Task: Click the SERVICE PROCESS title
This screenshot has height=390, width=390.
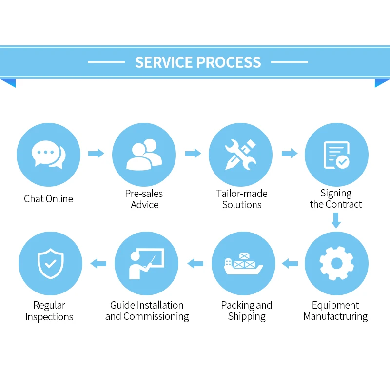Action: pos(198,62)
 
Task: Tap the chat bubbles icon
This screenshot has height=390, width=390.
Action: pos(48,155)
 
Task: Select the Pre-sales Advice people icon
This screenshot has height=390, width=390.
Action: pos(144,155)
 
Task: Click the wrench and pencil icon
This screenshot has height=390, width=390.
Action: pos(240,155)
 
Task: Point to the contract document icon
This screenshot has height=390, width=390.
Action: pos(336,155)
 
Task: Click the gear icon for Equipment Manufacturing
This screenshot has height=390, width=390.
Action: pos(336,264)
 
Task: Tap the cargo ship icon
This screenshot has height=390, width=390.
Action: pos(243,264)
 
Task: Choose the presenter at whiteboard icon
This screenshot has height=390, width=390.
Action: pos(146,264)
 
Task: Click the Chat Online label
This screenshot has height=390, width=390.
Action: pos(48,199)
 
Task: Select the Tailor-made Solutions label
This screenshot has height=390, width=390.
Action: pos(242,199)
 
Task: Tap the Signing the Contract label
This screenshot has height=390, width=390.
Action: pos(336,199)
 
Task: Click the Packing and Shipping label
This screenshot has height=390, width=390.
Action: pos(246,311)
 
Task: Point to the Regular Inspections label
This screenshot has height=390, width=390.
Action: pos(49,311)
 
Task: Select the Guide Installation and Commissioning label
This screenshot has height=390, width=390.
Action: pos(147,311)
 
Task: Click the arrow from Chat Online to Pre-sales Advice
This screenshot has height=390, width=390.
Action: pos(96,154)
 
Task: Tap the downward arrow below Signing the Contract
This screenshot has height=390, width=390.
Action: pos(336,222)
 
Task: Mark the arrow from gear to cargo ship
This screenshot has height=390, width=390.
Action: pos(290,264)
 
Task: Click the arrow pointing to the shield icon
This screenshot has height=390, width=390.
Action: pos(98,264)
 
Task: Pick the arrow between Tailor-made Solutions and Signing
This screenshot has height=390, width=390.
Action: pos(290,154)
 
